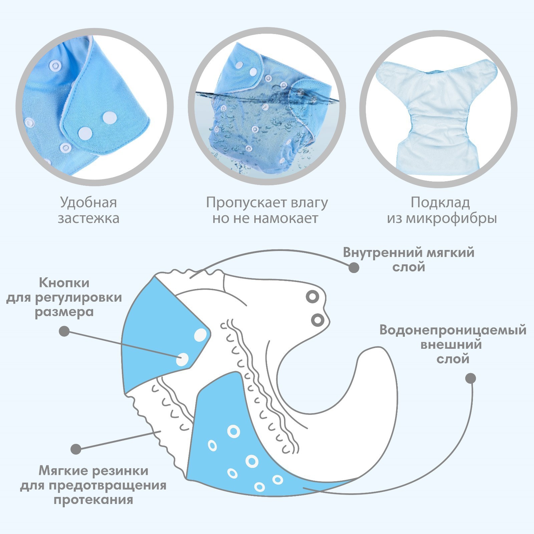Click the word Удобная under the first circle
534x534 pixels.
click(88, 203)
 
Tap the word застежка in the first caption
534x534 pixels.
click(88, 218)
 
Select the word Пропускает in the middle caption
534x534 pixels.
click(246, 203)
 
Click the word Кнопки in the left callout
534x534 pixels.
click(64, 283)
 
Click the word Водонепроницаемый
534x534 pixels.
click(453, 330)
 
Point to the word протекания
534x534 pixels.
click(93, 500)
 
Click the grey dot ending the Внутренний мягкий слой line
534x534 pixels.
click(354, 267)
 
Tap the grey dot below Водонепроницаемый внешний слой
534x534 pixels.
click(470, 378)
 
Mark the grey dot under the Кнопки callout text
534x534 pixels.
click(64, 331)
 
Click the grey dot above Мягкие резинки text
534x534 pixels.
click(76, 449)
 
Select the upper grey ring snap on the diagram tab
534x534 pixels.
click(313, 296)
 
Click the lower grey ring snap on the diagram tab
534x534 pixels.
click(317, 320)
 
